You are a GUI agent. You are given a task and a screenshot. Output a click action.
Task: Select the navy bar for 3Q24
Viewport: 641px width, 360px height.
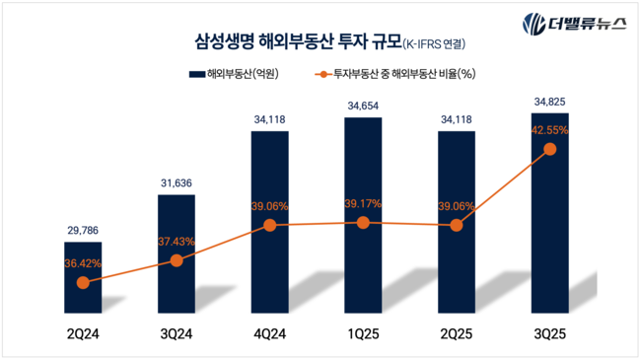(x=177, y=252)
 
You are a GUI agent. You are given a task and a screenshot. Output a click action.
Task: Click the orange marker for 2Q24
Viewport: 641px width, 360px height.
(x=83, y=282)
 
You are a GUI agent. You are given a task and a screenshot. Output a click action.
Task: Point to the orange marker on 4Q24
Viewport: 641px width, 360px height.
(x=269, y=225)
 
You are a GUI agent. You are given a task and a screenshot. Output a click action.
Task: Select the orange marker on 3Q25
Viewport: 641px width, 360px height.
(x=549, y=149)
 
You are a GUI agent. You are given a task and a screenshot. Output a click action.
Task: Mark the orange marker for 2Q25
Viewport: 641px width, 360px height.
(x=456, y=225)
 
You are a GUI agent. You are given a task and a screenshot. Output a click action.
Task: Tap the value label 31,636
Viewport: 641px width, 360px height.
(x=177, y=182)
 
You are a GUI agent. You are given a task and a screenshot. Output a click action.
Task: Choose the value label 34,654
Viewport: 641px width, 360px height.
(x=363, y=105)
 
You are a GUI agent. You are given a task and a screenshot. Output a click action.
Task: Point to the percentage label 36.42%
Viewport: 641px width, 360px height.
(x=83, y=264)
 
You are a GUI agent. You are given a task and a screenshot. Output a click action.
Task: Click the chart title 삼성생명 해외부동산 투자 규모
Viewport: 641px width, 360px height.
(x=296, y=41)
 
